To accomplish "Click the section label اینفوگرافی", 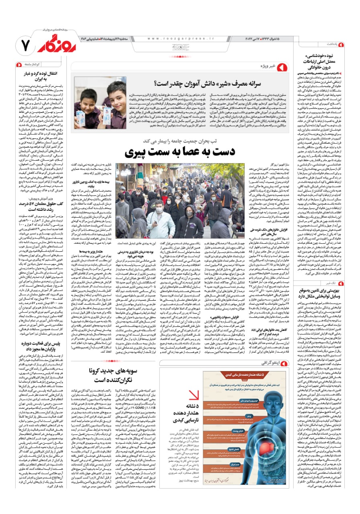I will pos(266,363).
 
